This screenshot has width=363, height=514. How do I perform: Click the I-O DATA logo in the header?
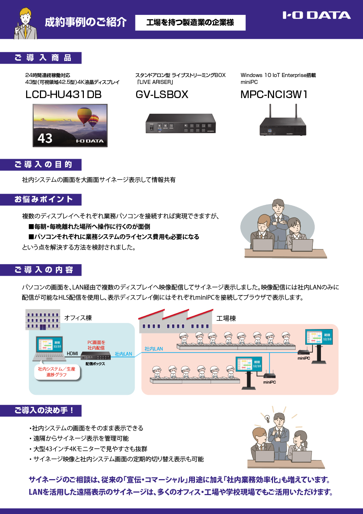click(x=317, y=15)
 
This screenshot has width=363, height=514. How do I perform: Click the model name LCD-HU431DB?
click(x=64, y=94)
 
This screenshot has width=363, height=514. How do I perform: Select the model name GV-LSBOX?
click(x=162, y=94)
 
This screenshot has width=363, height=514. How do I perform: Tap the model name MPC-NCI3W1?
click(x=274, y=94)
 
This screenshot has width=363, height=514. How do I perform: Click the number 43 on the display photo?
click(x=45, y=138)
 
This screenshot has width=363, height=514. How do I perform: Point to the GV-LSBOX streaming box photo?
click(x=180, y=124)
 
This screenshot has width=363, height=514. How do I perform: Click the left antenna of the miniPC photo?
click(x=270, y=111)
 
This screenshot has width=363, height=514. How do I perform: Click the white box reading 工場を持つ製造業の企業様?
click(x=190, y=23)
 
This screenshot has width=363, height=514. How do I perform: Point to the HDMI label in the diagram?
click(x=72, y=353)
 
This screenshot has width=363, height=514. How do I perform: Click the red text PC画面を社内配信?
click(x=96, y=345)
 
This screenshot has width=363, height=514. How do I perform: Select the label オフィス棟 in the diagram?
click(x=78, y=318)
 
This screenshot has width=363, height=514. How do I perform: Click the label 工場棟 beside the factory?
click(x=226, y=319)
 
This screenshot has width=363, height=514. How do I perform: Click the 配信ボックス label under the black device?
click(x=95, y=364)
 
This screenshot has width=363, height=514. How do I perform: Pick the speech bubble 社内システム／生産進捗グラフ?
click(x=57, y=372)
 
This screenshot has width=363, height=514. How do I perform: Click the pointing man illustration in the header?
click(x=25, y=23)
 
